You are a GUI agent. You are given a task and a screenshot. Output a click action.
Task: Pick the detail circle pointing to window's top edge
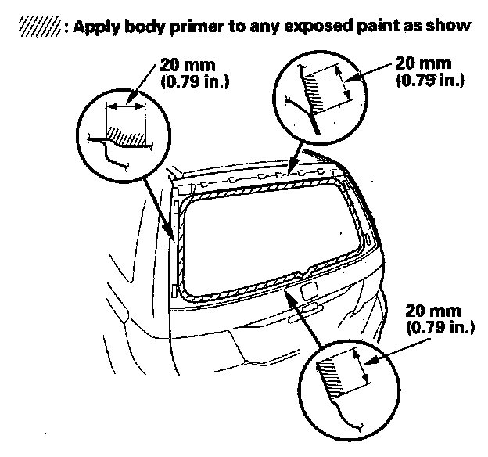pos(320,92)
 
